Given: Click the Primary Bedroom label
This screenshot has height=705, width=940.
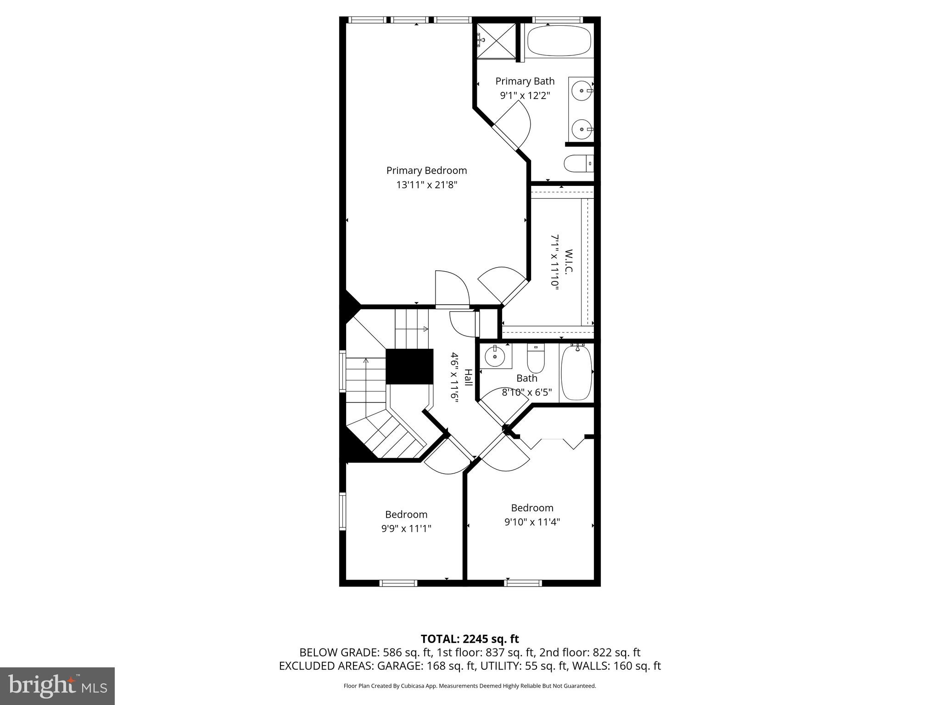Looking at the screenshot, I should (x=426, y=171).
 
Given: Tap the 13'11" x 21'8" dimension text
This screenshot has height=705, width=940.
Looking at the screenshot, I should (x=427, y=185).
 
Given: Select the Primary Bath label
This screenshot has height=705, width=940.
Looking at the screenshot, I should (x=525, y=81).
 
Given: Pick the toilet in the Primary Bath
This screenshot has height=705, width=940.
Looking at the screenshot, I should (x=578, y=163).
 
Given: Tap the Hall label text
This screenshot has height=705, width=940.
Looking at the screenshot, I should (x=468, y=377).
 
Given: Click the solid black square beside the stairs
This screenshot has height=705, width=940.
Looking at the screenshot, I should (x=409, y=366).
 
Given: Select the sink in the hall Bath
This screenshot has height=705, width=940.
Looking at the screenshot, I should (x=495, y=357).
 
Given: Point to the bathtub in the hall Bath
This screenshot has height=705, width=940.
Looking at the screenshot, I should (x=576, y=373).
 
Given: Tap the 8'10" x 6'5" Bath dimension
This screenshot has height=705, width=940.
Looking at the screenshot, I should (x=526, y=392).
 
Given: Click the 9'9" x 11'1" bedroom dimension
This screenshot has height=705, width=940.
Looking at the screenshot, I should (x=406, y=528).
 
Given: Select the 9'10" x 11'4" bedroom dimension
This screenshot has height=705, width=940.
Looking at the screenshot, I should (x=532, y=522).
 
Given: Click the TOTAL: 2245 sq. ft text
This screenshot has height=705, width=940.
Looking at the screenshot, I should (x=470, y=639).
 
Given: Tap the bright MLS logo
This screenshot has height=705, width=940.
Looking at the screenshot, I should (x=57, y=686).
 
